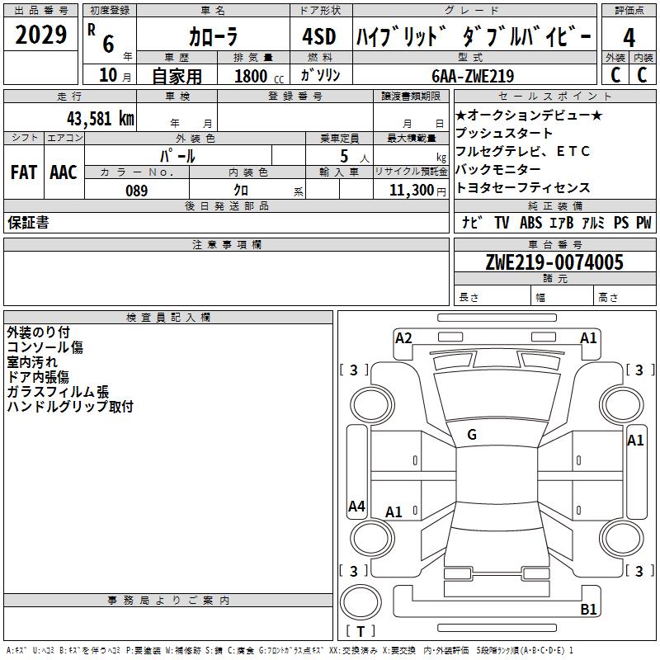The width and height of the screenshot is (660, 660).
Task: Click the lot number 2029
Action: coord(40,35)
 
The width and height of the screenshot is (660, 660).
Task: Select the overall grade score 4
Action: coord(629,38)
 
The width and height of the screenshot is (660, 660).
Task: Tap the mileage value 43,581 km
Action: coord(100,119)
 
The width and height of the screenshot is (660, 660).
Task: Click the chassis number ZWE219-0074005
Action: coord(554,262)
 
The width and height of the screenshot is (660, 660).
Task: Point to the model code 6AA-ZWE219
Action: coord(473,76)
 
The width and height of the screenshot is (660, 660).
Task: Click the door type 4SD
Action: coord(319,36)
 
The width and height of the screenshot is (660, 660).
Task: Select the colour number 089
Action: coord(137,191)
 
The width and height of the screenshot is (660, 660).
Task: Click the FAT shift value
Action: coord(24,172)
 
